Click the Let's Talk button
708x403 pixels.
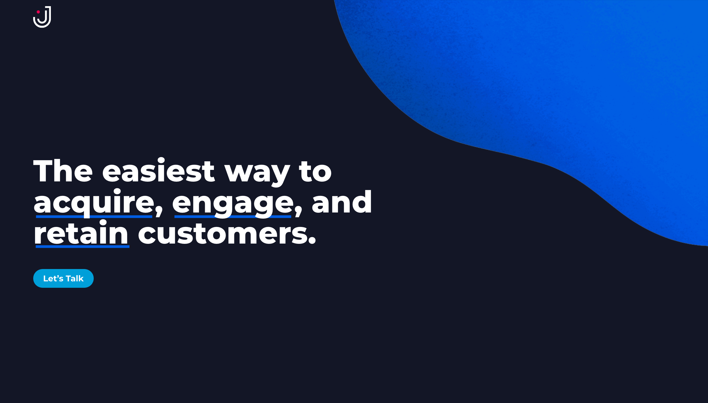click(63, 278)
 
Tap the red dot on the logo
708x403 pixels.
click(38, 12)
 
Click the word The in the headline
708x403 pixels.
click(63, 171)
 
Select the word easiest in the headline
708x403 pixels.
click(158, 170)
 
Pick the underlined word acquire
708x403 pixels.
click(94, 203)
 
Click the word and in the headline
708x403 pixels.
click(342, 202)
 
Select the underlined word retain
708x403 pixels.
click(81, 233)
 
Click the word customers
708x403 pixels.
click(223, 234)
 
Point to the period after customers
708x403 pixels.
click(312, 241)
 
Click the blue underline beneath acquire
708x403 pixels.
click(94, 217)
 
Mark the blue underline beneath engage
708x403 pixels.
click(233, 217)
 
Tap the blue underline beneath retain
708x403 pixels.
click(82, 246)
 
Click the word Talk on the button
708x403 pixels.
click(74, 278)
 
